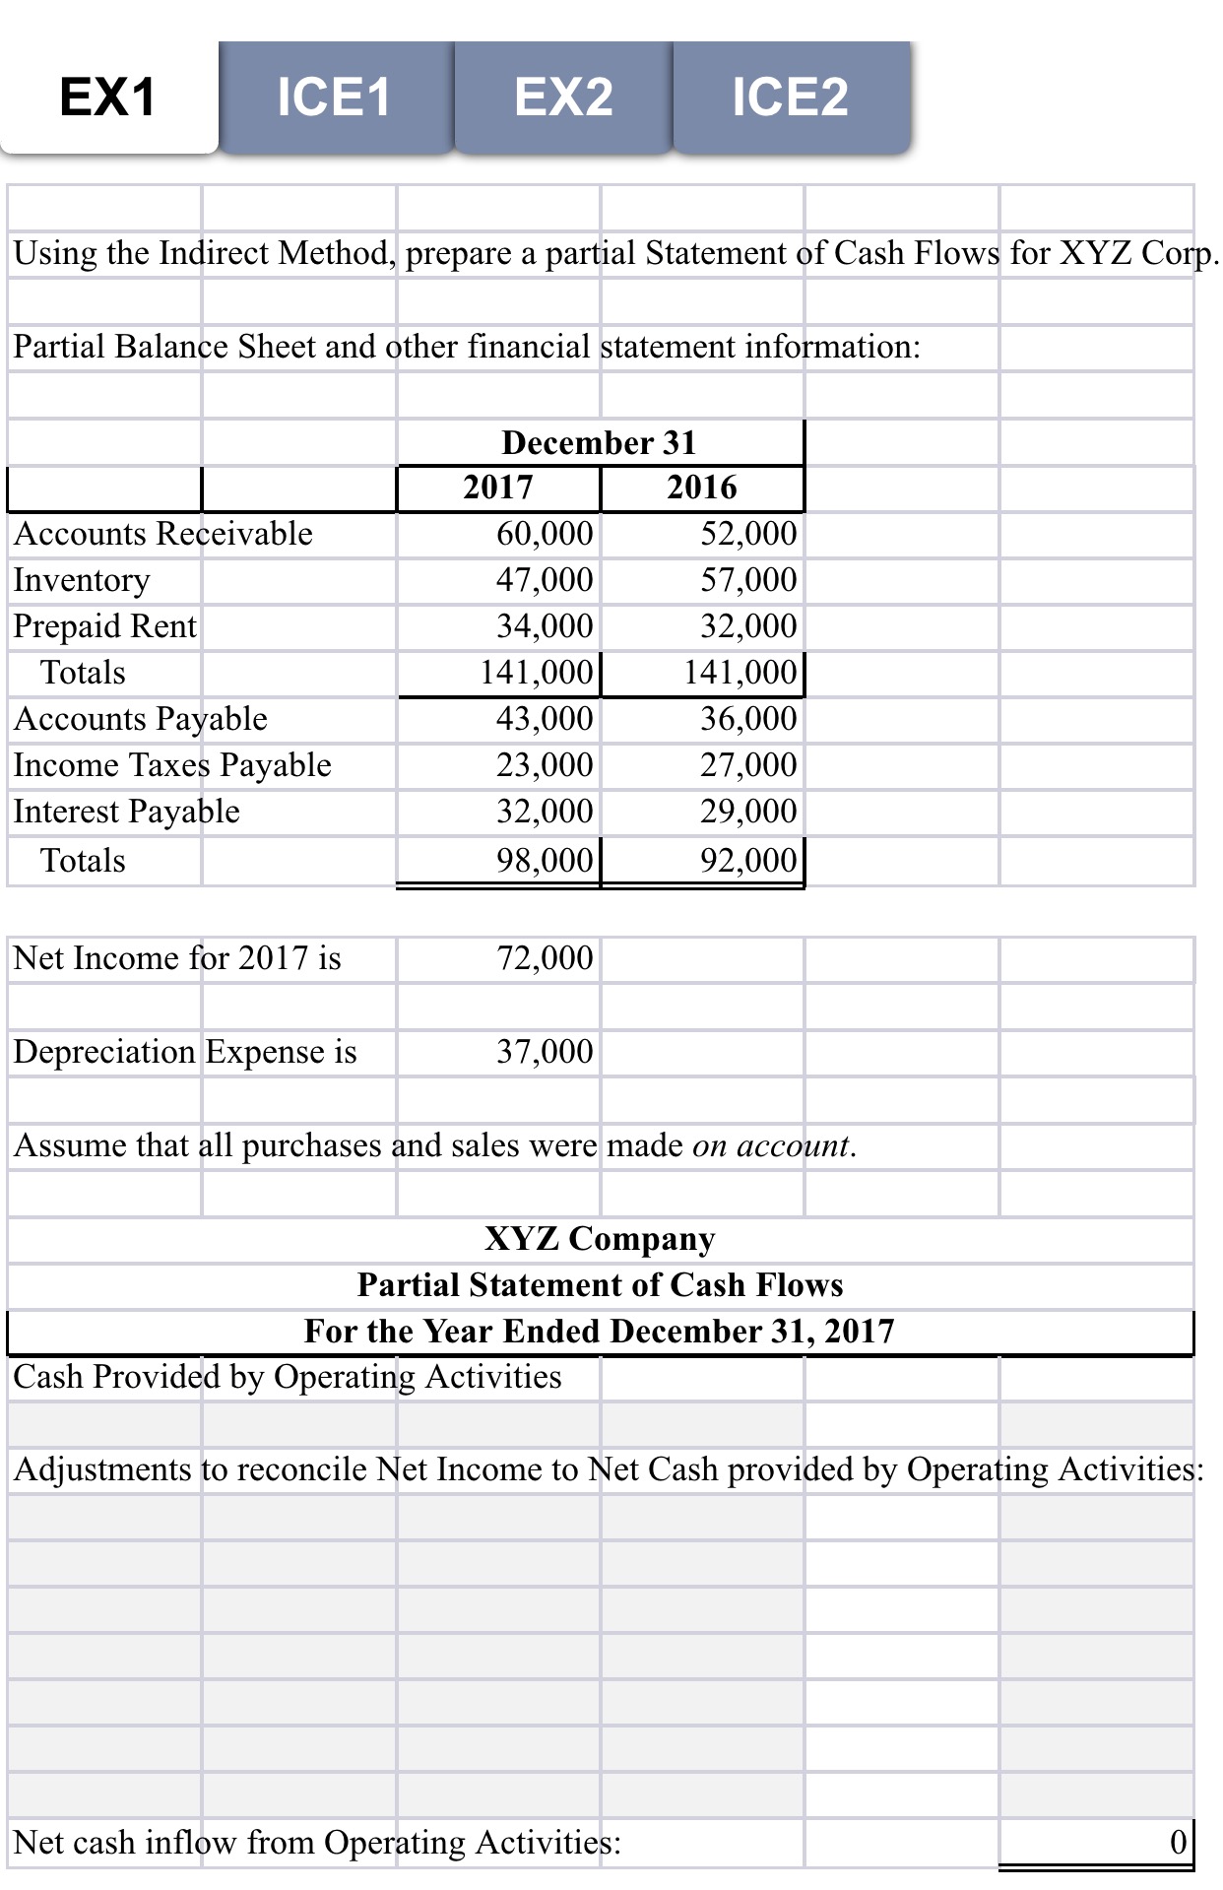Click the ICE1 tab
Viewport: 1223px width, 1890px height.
coord(334,98)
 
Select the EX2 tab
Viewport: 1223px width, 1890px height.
coord(563,98)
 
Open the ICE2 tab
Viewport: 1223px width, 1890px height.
coord(790,98)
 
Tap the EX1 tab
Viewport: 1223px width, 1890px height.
coord(108,98)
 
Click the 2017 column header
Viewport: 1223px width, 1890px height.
coord(498,488)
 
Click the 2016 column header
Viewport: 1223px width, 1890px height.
coord(701,488)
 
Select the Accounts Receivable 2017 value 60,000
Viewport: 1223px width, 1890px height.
coord(545,534)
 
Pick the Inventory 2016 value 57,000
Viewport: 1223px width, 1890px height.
coord(748,580)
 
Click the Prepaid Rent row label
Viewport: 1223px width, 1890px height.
coord(105,626)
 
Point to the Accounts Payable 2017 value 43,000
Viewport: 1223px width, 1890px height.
coord(545,719)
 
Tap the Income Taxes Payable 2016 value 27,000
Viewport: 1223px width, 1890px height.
coord(748,765)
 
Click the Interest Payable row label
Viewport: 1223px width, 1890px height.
coord(127,812)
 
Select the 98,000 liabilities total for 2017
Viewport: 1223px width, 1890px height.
coord(545,861)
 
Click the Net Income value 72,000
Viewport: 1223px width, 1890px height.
coord(545,958)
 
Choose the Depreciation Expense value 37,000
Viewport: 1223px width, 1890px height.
coord(545,1052)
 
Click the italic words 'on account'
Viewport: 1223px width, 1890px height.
coord(771,1145)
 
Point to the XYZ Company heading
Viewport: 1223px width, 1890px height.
coord(600,1239)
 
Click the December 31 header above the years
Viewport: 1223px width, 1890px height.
coord(599,442)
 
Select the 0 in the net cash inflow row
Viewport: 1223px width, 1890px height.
coord(1178,1842)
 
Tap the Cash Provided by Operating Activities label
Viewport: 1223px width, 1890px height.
coord(288,1377)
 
